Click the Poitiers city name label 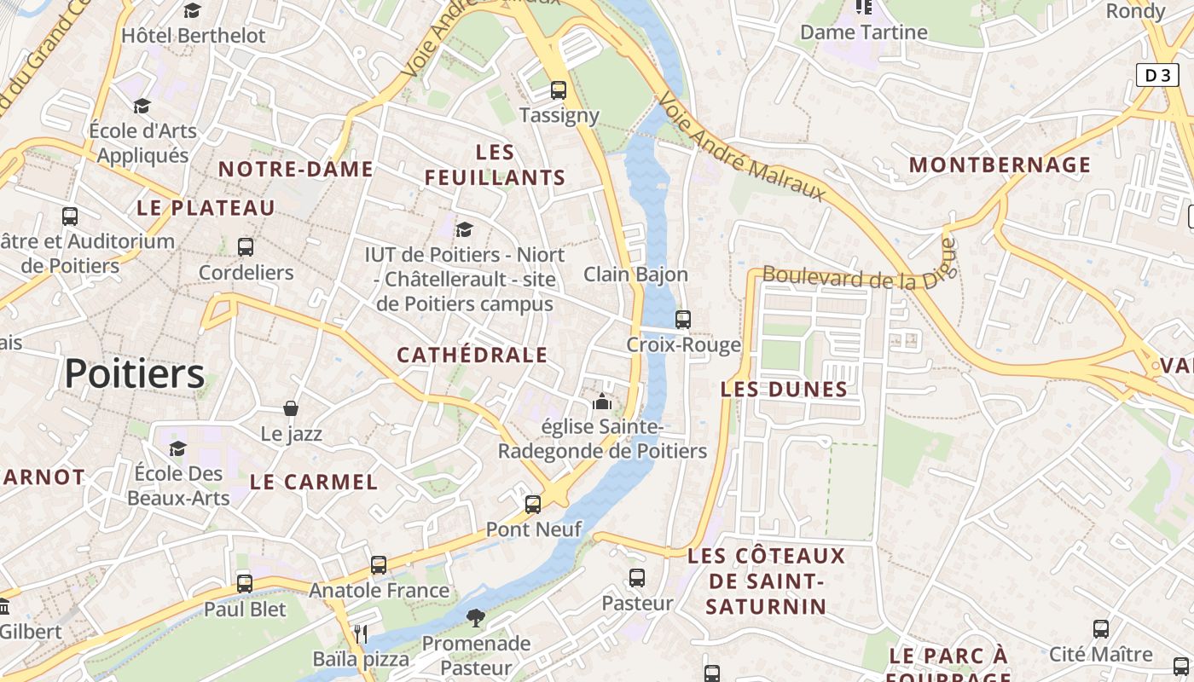135,374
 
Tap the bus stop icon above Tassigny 559,90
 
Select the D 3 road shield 1157,75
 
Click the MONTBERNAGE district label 1000,165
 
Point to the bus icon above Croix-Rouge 683,320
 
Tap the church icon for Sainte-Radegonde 602,401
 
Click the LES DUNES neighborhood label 784,390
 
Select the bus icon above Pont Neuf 533,505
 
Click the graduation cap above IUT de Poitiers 465,229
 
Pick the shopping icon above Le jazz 291,408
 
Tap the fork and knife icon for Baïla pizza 361,633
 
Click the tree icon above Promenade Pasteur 476,617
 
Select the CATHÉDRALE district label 472,355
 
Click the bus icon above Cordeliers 246,247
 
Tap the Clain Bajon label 635,275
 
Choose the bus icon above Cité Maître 1101,629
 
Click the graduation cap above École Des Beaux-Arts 177,448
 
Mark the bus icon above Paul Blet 245,584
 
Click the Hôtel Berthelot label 194,36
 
